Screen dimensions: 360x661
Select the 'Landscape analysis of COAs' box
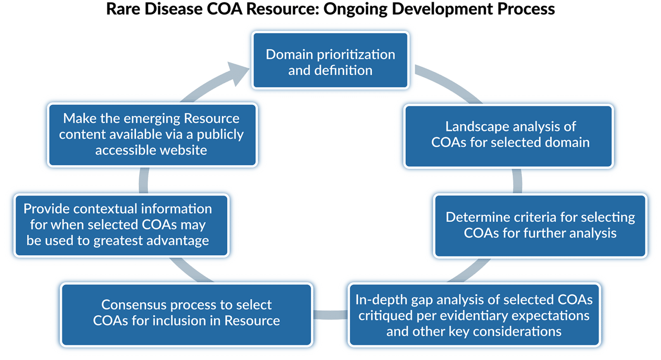pos(508,136)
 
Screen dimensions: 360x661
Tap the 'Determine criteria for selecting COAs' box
pos(540,225)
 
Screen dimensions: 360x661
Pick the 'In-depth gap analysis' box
pos(473,315)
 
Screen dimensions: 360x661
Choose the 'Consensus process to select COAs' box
pos(186,313)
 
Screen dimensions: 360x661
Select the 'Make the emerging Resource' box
pos(152,135)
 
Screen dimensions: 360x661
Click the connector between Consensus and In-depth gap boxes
pos(330,315)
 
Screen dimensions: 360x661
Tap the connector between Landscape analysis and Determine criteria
pos(517,180)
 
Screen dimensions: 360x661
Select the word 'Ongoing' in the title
pos(355,9)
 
